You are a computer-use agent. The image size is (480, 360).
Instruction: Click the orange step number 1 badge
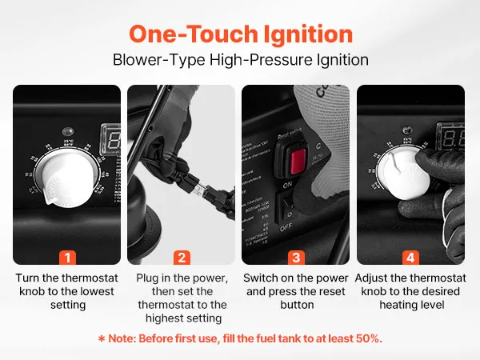tap(67, 258)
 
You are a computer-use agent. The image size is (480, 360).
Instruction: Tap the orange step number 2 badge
tap(182, 258)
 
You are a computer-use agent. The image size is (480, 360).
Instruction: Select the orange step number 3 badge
tap(296, 258)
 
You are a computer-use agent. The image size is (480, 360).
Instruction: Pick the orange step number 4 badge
tap(410, 258)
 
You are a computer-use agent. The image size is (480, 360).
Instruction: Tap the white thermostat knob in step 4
tap(402, 174)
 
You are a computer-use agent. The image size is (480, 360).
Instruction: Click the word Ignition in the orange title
tap(308, 34)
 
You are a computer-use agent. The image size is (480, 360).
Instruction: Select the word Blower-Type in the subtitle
tap(159, 60)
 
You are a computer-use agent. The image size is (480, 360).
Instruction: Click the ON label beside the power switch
tap(287, 185)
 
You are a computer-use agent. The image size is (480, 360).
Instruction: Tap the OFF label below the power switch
tap(286, 228)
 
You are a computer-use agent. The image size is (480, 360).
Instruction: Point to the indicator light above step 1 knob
tap(68, 132)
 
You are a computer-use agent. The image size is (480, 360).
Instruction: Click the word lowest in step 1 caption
tap(97, 291)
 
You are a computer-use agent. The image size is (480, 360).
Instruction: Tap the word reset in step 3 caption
tap(331, 291)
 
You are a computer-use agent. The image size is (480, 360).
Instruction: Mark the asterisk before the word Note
tap(102, 339)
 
